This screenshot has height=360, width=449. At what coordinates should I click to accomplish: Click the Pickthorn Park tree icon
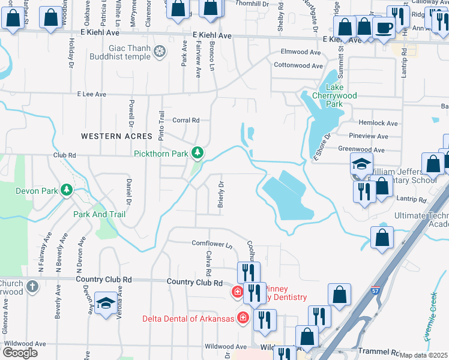197,154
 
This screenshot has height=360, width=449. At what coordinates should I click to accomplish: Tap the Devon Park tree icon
67,191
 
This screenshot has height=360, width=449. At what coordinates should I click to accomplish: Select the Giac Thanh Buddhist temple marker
159,52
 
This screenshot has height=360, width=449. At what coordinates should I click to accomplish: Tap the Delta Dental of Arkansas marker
243,317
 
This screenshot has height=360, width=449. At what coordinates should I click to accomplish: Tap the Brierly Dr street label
220,197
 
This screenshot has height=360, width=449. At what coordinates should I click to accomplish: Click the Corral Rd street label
185,120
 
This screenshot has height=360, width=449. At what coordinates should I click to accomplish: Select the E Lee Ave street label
91,94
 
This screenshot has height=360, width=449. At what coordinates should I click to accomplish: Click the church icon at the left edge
32,287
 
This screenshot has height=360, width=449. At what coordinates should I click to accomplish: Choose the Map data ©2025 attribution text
423,355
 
